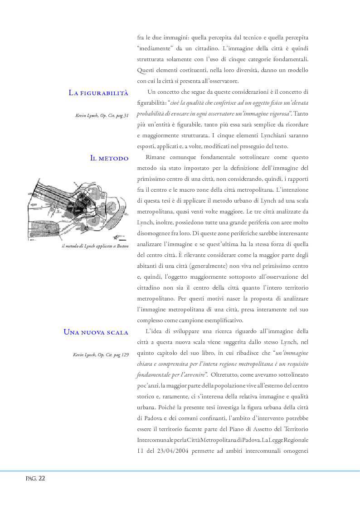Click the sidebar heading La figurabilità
pos(98,93)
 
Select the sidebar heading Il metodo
pos(109,158)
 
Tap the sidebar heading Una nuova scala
pos(96,332)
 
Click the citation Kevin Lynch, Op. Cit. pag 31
pos(102,116)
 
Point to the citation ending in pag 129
pos(101,354)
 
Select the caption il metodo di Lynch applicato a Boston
pos(95,246)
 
